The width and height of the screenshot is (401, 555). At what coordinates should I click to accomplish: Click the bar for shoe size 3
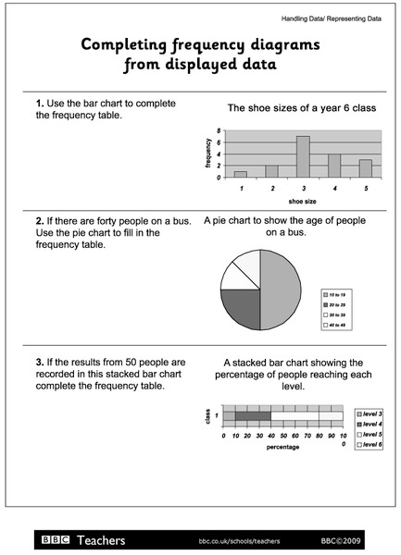(x=302, y=156)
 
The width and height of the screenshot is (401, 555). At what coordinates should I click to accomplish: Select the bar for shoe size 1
(x=241, y=174)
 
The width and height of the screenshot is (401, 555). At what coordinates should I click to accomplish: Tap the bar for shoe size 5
(x=365, y=168)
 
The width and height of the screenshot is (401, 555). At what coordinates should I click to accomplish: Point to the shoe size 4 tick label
(x=333, y=188)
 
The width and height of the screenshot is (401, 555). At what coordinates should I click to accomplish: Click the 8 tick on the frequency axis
(x=219, y=131)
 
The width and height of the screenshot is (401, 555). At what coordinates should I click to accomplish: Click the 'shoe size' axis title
(x=302, y=200)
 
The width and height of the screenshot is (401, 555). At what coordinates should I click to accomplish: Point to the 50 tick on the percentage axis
(x=282, y=435)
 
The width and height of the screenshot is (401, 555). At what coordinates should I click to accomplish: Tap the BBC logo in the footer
(x=55, y=539)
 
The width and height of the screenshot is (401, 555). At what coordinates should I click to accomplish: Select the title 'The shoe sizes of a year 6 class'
(x=302, y=108)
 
